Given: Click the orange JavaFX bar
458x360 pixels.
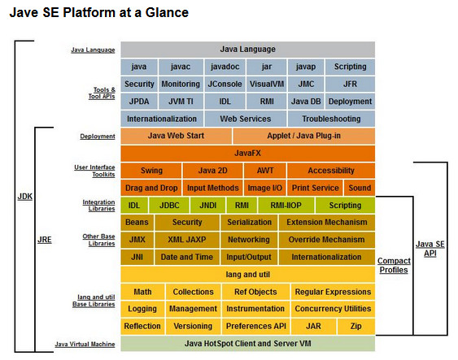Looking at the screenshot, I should (247, 153).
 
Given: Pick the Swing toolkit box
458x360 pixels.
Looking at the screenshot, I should (150, 171).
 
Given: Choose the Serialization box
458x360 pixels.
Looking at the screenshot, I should (249, 223).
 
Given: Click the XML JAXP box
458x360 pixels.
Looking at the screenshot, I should (186, 240).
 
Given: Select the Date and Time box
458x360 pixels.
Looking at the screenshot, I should (186, 258).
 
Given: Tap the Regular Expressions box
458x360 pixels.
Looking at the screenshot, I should (332, 292).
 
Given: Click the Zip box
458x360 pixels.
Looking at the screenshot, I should (355, 326).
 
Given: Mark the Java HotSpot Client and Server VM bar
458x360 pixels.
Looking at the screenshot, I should (247, 344).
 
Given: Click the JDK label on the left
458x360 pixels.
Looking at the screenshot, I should (25, 197).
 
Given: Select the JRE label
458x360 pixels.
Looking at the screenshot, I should (45, 241).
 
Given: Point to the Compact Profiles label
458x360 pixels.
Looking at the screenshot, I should (393, 265).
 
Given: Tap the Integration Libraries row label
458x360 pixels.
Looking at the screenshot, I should (98, 206).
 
